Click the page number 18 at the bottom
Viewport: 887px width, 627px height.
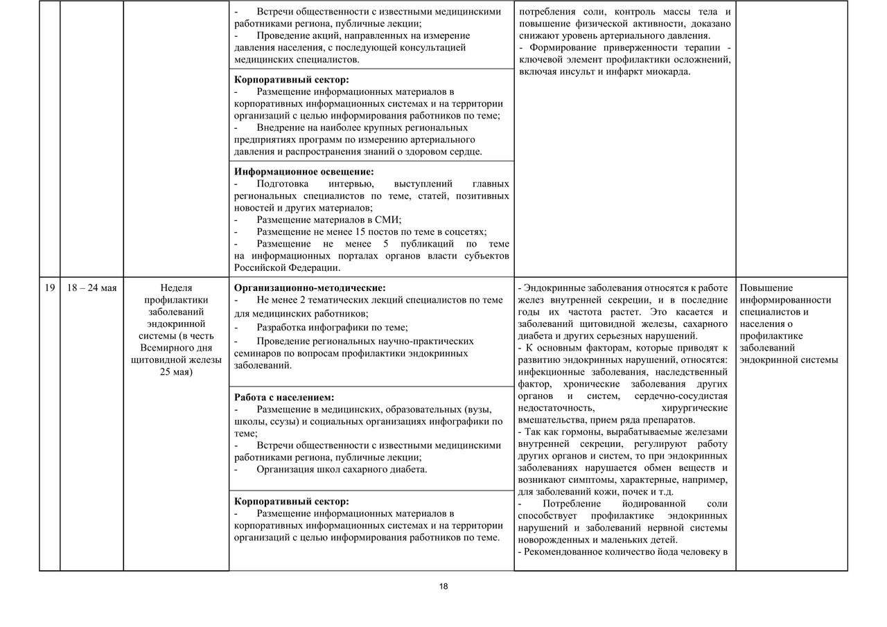coord(443,586)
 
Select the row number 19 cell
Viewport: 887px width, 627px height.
coord(49,288)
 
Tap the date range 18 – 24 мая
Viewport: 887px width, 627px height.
coord(91,288)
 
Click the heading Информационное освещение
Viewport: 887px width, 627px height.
coord(304,171)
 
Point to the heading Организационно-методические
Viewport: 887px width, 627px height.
coord(310,288)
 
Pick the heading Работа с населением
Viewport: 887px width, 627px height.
coord(284,397)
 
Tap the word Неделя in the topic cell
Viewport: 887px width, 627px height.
coord(176,288)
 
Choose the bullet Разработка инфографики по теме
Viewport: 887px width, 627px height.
coord(332,327)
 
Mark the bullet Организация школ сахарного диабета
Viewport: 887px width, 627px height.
coord(342,469)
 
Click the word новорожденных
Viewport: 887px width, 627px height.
coord(554,540)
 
